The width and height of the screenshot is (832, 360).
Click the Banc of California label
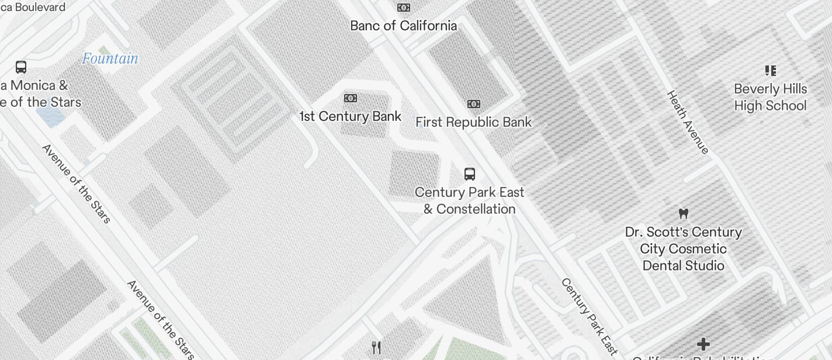click(403, 26)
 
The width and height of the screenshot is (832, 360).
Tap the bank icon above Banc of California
click(403, 8)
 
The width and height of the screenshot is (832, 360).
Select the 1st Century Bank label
click(350, 116)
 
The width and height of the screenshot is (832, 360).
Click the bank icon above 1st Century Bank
click(351, 98)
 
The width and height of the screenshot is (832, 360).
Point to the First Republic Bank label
click(473, 122)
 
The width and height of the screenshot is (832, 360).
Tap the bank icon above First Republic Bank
click(474, 104)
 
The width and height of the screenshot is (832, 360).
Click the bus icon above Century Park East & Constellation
click(470, 174)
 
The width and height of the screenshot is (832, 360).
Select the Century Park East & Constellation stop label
click(470, 200)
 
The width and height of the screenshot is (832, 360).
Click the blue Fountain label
click(110, 58)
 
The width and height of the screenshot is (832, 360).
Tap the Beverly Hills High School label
click(770, 97)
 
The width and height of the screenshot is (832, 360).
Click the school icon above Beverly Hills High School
click(771, 71)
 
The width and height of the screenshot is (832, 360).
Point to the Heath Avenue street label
click(688, 122)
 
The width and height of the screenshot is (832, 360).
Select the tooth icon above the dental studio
click(683, 213)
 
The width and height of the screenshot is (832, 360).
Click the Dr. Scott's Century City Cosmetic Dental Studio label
click(683, 249)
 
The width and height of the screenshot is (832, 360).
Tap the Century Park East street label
click(589, 316)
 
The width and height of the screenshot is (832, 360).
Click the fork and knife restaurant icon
click(377, 348)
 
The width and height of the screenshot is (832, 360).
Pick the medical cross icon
click(703, 344)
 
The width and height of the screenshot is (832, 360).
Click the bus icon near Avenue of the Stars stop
click(21, 67)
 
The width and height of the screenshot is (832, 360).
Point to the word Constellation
click(476, 209)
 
